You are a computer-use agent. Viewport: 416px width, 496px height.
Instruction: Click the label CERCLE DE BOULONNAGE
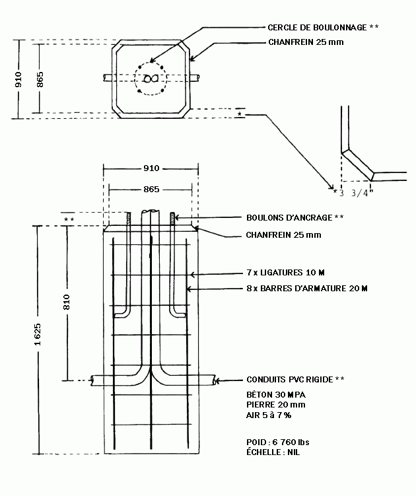tap(317, 28)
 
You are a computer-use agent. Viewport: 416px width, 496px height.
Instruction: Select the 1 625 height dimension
tap(38, 334)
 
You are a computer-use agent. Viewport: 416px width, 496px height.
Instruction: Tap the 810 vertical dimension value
tap(67, 302)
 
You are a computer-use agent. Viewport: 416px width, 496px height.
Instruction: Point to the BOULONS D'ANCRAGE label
tap(289, 218)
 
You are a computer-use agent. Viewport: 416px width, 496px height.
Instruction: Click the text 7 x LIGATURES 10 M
tap(286, 272)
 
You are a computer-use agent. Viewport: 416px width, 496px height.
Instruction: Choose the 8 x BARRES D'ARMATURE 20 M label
tap(307, 288)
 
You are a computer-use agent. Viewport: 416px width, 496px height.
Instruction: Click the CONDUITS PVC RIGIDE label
tap(290, 379)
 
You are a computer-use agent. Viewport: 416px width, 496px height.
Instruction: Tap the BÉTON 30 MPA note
tap(276, 394)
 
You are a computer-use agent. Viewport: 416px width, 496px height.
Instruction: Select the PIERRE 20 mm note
tap(276, 405)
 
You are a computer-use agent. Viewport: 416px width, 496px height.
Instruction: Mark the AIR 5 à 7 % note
tap(269, 415)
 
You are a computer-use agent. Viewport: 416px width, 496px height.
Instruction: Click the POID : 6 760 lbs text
tap(278, 442)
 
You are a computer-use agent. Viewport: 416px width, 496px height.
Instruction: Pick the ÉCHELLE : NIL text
tap(273, 452)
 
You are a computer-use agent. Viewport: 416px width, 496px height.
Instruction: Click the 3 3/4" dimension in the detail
tap(356, 193)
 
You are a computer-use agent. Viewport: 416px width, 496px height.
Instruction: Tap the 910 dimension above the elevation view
tap(151, 168)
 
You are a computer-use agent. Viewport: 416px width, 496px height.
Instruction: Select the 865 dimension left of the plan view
tap(40, 79)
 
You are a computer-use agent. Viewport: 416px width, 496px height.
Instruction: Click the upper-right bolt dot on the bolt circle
tap(162, 67)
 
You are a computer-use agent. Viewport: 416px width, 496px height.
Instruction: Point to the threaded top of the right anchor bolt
tap(172, 218)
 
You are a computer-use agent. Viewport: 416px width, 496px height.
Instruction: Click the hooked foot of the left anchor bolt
tap(120, 315)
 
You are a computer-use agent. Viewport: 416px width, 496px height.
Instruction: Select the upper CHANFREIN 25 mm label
tap(306, 42)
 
